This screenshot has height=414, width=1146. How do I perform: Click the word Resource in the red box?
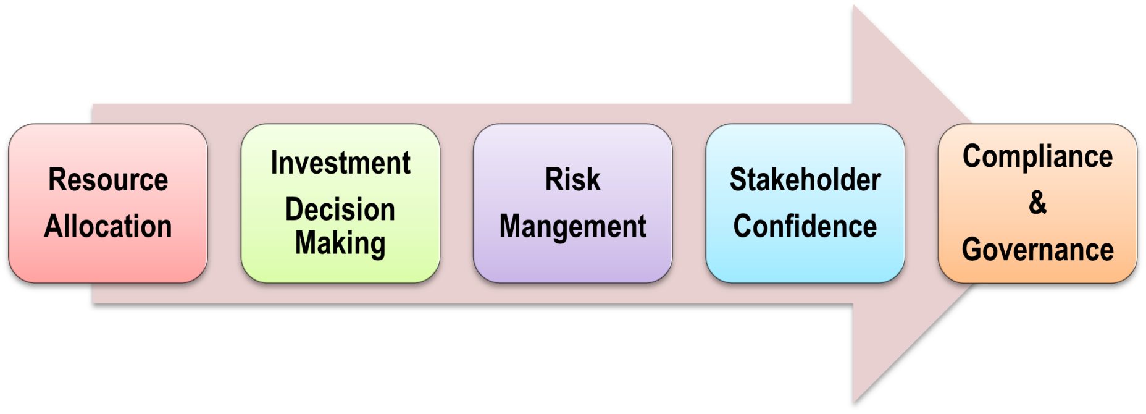coord(108,180)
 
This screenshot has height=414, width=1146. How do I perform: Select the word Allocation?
coord(108,226)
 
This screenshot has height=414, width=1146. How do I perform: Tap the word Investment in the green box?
coord(340,163)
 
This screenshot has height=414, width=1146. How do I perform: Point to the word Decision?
coord(340,209)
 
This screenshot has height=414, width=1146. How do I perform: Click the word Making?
coord(340,243)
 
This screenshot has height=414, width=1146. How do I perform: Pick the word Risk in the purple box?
coord(572,180)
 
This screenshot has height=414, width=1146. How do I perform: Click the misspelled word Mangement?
coord(572,226)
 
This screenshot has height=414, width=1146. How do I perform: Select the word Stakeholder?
coord(805,180)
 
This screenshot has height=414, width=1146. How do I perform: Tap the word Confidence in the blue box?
coord(805,226)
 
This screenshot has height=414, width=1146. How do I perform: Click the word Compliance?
coord(1037,156)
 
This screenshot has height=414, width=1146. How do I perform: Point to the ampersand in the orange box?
coord(1037,203)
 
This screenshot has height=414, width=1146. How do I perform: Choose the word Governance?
coord(1037,250)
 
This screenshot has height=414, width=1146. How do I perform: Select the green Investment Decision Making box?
coord(340,272)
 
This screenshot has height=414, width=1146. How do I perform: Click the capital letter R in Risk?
coord(553,180)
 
